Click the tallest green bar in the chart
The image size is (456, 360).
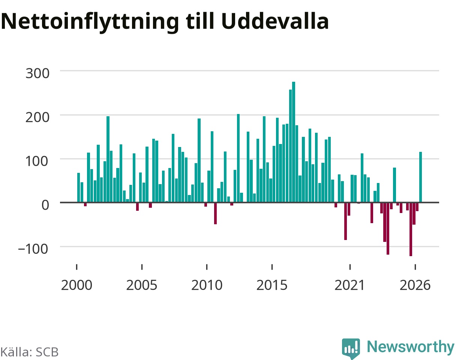tap(294, 142)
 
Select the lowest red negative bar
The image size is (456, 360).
tap(411, 229)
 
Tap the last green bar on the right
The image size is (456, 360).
tap(420, 177)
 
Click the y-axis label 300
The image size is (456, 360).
tap(37, 73)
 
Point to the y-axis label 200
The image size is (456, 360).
tap(37, 118)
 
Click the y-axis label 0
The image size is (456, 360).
tap(45, 205)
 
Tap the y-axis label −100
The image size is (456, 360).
tap(33, 249)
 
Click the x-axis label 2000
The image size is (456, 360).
tap(76, 285)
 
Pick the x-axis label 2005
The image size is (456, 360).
tap(141, 285)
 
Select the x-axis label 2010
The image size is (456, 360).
tap(207, 285)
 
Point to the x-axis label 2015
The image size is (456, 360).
tap(272, 285)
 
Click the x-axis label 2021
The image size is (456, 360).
tap(349, 285)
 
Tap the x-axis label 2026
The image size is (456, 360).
tap(415, 285)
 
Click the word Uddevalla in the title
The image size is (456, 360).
tap(275, 21)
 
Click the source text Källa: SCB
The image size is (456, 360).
tap(29, 352)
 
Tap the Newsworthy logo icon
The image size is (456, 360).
tap(351, 348)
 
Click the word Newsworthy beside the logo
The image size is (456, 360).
tap(411, 346)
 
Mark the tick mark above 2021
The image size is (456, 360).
tap(350, 267)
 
